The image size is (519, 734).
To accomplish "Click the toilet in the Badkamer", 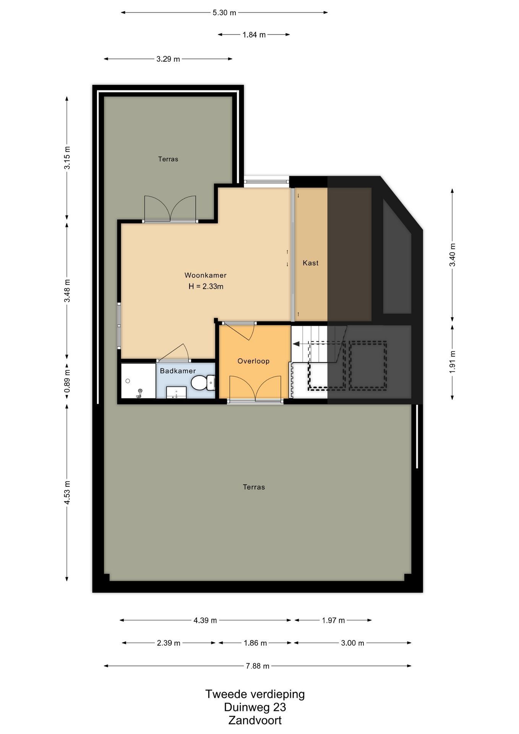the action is (x=203, y=383).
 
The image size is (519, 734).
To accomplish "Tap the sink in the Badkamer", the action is (x=176, y=392).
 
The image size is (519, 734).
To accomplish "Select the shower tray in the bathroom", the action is (x=138, y=381).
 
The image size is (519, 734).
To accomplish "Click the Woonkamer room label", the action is (x=206, y=275).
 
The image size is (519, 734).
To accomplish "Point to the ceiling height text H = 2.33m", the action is (x=206, y=286).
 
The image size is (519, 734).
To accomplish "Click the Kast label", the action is (x=310, y=263).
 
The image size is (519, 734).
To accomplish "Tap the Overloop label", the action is (x=253, y=361).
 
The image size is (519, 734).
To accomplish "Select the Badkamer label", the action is (x=178, y=371).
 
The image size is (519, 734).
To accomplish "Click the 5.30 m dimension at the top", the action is (x=224, y=13).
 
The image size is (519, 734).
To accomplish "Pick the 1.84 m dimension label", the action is (x=254, y=35).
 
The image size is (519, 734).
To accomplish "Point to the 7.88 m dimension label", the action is (x=258, y=666).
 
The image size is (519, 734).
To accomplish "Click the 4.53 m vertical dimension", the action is (x=67, y=492).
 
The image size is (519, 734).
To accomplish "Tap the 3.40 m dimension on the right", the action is (x=453, y=255).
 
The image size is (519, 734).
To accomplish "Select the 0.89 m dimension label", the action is (x=67, y=381).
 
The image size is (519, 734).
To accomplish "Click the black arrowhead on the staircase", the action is (x=296, y=344).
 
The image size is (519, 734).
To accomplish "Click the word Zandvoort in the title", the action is (x=255, y=720).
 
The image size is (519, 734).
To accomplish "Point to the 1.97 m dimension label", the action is (x=333, y=620).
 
